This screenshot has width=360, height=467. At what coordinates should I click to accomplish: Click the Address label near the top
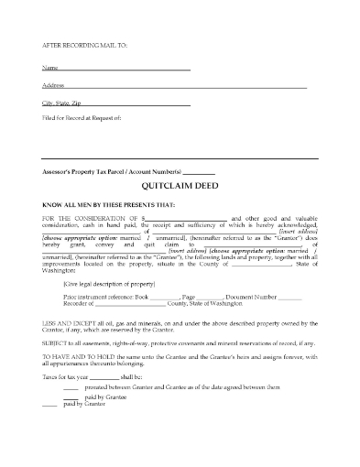coord(53,85)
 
